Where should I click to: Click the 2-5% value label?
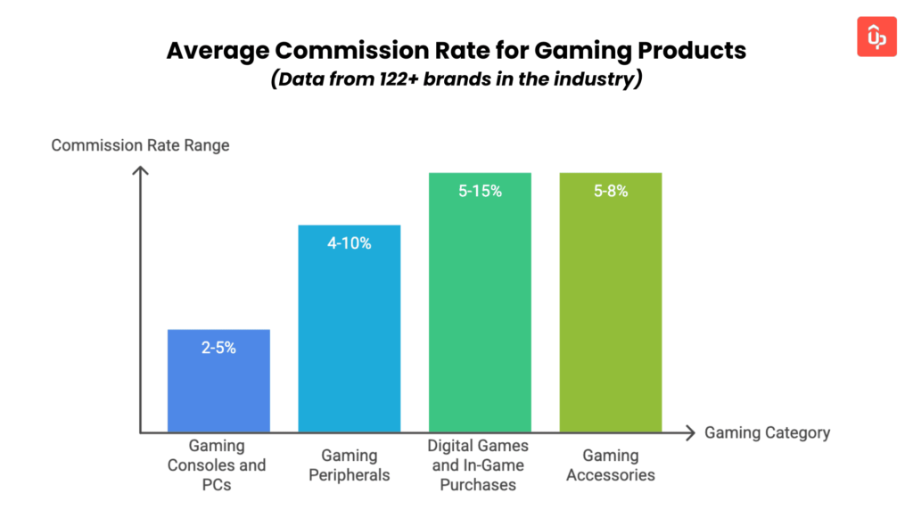tap(218, 348)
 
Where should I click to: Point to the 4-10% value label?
tap(350, 243)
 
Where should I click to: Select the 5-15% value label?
tap(480, 191)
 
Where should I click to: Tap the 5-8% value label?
tap(611, 191)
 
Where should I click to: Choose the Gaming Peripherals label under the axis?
tap(350, 465)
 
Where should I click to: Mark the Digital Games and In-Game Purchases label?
tap(480, 465)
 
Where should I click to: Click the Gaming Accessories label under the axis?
tap(611, 465)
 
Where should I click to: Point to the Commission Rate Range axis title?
tap(140, 145)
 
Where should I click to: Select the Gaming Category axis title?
tap(767, 433)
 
